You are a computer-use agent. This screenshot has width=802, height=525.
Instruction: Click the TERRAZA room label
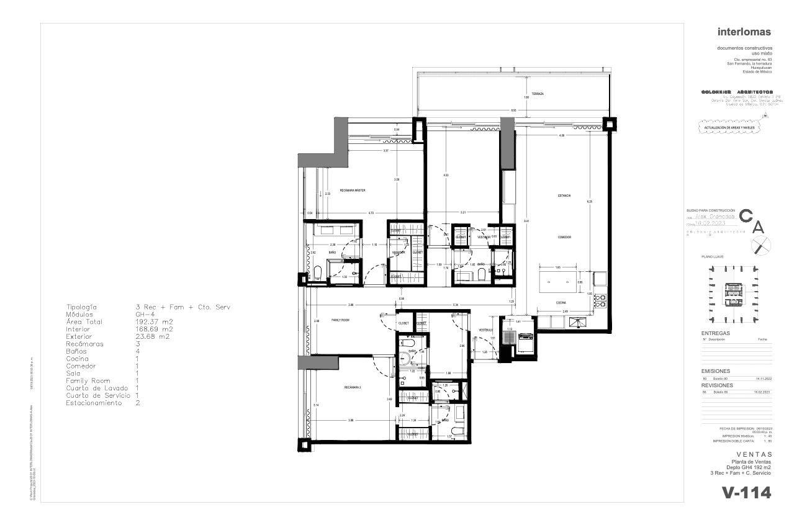pyautogui.click(x=538, y=94)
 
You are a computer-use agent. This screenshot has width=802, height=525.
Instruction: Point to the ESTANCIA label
pyautogui.click(x=564, y=196)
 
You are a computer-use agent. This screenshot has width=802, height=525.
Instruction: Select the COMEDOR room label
pyautogui.click(x=564, y=238)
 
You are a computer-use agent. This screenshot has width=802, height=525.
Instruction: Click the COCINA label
pyautogui.click(x=561, y=303)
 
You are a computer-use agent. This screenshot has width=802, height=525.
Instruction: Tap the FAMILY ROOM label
pyautogui.click(x=341, y=320)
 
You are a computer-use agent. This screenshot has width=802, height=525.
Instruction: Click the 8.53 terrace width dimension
pyautogui.click(x=513, y=110)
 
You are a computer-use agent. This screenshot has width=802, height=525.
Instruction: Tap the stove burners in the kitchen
pyautogui.click(x=600, y=301)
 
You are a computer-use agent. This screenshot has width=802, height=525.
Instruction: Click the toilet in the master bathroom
pyautogui.click(x=316, y=273)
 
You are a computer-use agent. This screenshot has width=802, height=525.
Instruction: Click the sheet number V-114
pyautogui.click(x=746, y=493)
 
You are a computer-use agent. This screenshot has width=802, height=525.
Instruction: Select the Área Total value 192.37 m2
pyautogui.click(x=154, y=322)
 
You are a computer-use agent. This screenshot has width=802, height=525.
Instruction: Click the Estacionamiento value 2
pyautogui.click(x=138, y=403)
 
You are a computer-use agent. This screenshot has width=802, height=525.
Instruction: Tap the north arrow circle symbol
pyautogui.click(x=761, y=246)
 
